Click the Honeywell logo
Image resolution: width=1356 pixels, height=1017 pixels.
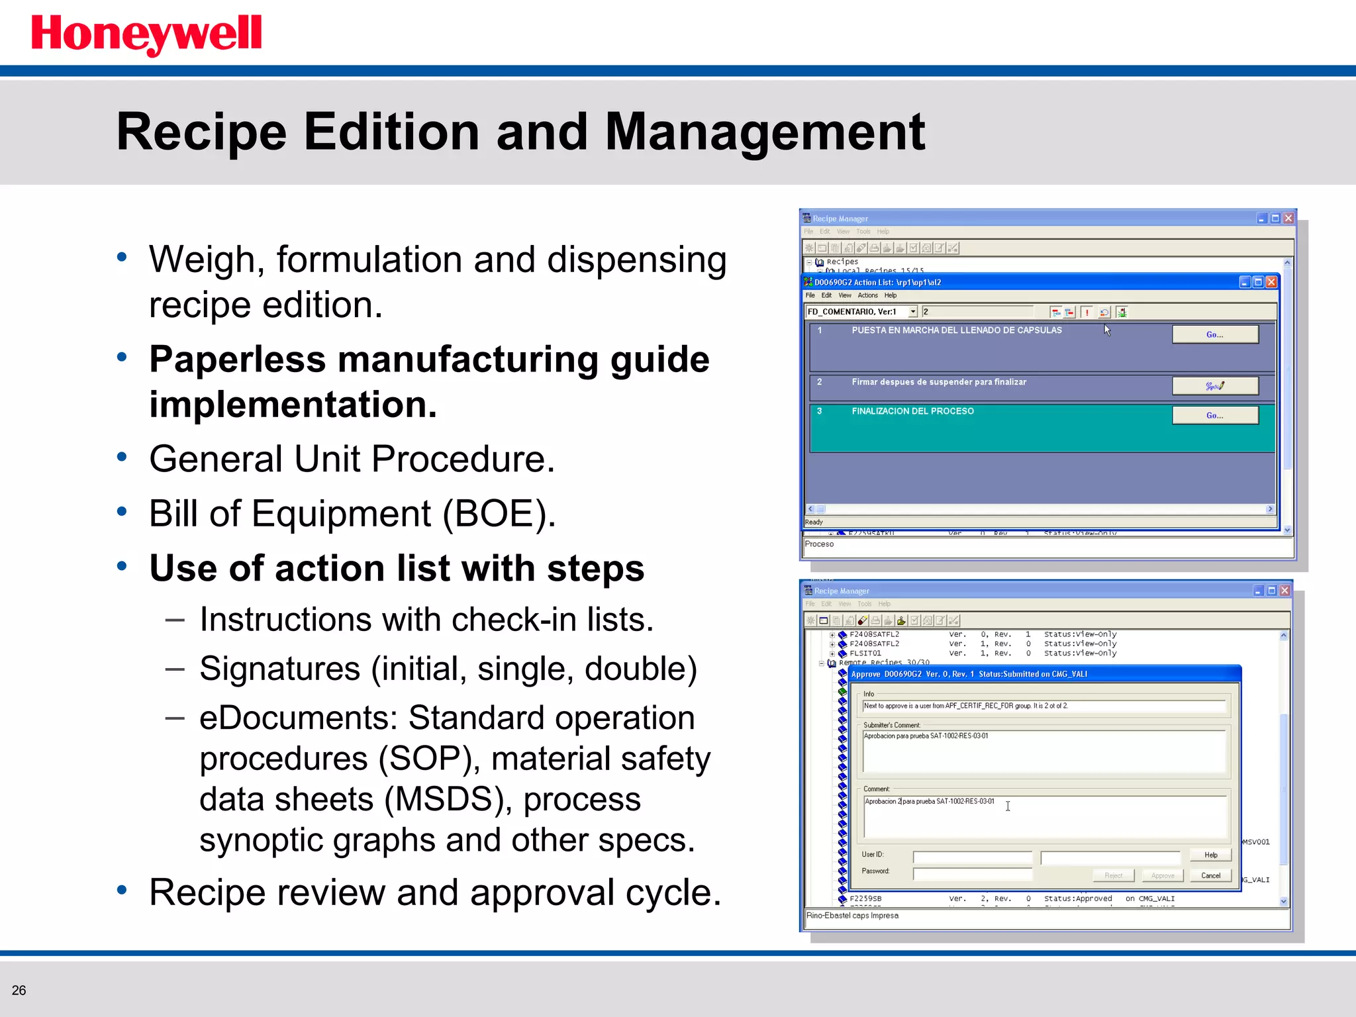[146, 34]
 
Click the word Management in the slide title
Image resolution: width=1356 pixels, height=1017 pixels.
[764, 132]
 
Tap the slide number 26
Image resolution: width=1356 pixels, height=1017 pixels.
[19, 990]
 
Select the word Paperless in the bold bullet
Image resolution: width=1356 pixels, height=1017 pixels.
[238, 360]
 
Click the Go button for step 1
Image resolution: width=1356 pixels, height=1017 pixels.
[1214, 334]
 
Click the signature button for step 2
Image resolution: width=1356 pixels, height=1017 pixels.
[1214, 385]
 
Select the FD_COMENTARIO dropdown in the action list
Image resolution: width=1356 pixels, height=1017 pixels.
[861, 312]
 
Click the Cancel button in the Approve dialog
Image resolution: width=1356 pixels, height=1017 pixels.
[1210, 875]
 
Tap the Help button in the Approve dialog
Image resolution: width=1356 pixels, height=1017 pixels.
[1210, 855]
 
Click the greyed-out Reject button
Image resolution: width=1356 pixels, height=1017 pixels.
[1113, 875]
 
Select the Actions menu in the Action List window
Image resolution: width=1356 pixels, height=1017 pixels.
[867, 296]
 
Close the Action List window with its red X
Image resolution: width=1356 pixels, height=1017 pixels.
[1271, 282]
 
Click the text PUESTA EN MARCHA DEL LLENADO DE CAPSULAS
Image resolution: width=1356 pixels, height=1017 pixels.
[956, 330]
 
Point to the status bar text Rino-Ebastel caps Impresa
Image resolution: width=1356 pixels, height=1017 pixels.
[852, 916]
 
